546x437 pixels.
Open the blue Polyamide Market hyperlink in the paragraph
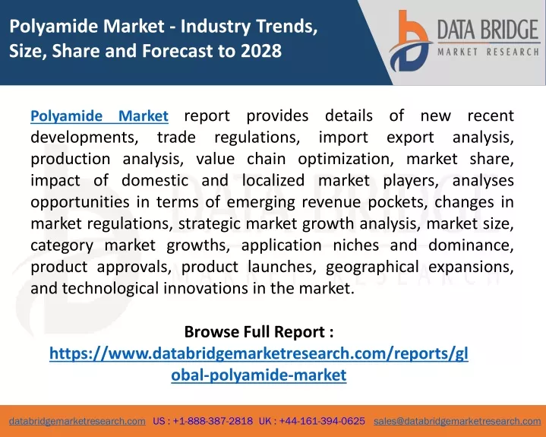[x=99, y=116]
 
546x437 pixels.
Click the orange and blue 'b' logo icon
[x=410, y=41]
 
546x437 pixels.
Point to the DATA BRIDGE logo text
[x=488, y=30]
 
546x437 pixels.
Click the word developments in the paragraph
[x=84, y=138]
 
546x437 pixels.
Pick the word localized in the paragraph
[x=273, y=181]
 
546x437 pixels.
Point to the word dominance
[x=471, y=245]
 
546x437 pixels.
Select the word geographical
[x=372, y=268]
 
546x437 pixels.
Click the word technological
[x=110, y=289]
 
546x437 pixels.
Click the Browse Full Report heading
[x=259, y=332]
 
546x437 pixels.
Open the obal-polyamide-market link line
[x=259, y=375]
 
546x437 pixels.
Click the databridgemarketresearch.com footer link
[x=77, y=421]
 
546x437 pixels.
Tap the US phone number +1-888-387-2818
[x=213, y=421]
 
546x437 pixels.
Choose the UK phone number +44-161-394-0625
[x=322, y=421]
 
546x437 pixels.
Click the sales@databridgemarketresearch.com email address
[x=457, y=421]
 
